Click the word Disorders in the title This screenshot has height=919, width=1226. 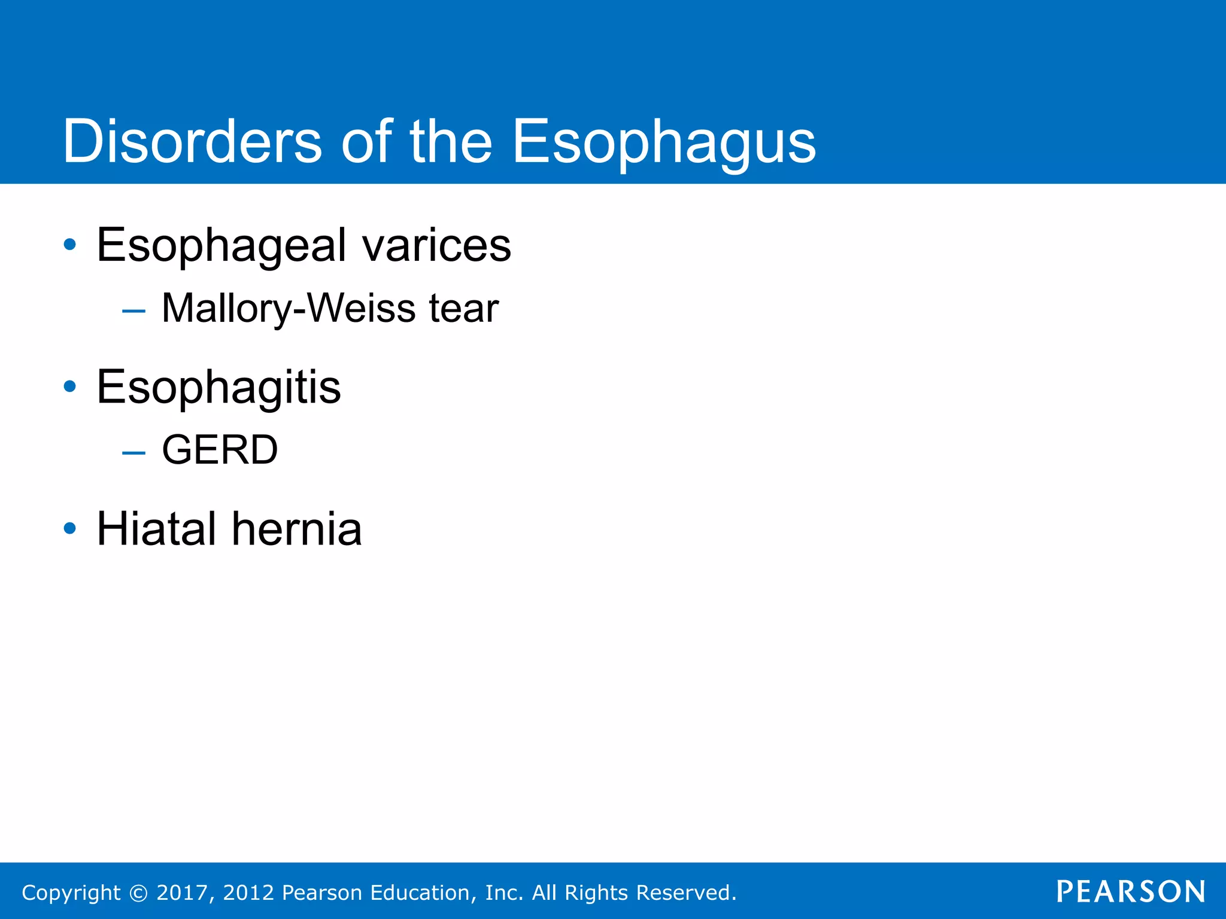[192, 142]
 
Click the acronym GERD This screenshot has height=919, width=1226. [220, 450]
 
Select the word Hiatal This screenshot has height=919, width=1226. [156, 529]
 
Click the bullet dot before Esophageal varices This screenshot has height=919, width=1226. [70, 245]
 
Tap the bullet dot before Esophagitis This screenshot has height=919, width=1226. [70, 387]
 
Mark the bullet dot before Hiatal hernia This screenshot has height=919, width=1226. [70, 528]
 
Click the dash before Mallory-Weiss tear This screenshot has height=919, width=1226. [133, 311]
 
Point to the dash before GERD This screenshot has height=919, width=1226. [133, 452]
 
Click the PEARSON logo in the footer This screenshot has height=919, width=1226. [1131, 891]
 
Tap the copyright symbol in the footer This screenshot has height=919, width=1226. [138, 893]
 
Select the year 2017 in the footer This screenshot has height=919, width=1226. [182, 893]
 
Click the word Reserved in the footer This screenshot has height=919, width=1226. [685, 893]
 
